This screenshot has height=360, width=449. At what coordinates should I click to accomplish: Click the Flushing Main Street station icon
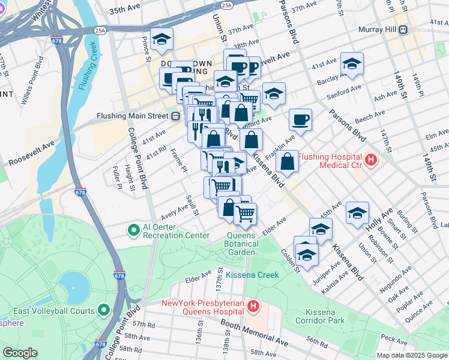(x=176, y=116)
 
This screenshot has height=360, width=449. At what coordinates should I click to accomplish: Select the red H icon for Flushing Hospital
(x=371, y=160)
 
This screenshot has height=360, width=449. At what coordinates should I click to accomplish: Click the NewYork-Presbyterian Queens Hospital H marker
(x=253, y=307)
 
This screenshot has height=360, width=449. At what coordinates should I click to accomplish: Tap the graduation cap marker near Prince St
(x=161, y=39)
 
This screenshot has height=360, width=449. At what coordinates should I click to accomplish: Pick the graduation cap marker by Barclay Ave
(x=352, y=63)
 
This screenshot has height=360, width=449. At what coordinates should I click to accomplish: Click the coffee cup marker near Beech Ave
(x=300, y=119)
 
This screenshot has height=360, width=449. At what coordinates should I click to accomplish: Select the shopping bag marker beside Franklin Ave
(x=288, y=161)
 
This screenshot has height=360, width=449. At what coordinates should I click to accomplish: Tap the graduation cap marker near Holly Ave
(x=357, y=213)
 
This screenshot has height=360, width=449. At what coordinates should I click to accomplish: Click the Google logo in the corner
(x=20, y=353)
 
